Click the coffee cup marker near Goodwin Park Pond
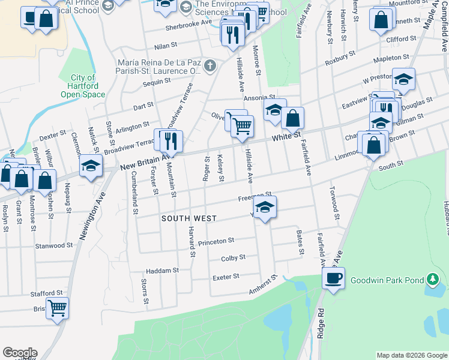tap(333, 278)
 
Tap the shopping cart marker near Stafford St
tap(57, 308)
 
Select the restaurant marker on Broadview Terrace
tap(169, 141)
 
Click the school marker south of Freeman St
tap(264, 208)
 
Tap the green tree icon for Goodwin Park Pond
tap(431, 280)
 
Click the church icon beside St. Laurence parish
tap(209, 65)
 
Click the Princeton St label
tap(216, 241)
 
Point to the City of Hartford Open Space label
tap(83, 86)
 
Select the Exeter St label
tap(226, 277)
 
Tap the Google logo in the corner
tap(20, 353)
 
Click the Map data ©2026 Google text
tap(411, 355)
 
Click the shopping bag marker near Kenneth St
tap(382, 20)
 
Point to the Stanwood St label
tap(54, 245)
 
